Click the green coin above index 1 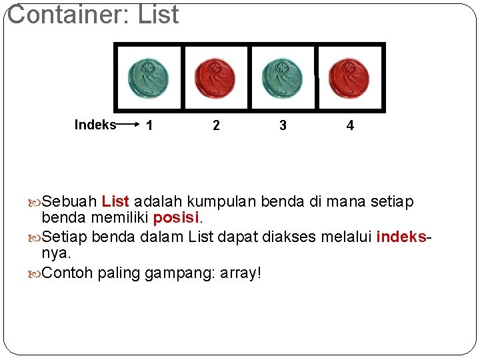(149, 78)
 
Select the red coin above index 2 (215, 78)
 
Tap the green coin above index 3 (283, 78)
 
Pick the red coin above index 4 (349, 78)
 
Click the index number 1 (149, 125)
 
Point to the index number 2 (216, 125)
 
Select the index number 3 (283, 125)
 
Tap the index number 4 (350, 125)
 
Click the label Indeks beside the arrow (95, 125)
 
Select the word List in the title (159, 15)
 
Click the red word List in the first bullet (115, 201)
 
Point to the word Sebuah (70, 201)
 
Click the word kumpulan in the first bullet (221, 201)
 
